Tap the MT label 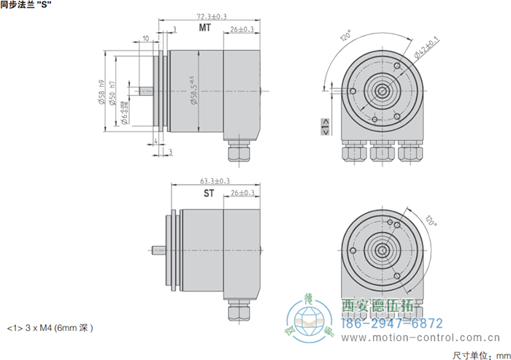tap(206, 28)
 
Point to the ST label tap(209, 194)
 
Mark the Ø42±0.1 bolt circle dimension tap(426, 47)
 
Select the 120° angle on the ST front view tap(430, 219)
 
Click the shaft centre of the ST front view tap(381, 251)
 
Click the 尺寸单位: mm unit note tap(479, 354)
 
